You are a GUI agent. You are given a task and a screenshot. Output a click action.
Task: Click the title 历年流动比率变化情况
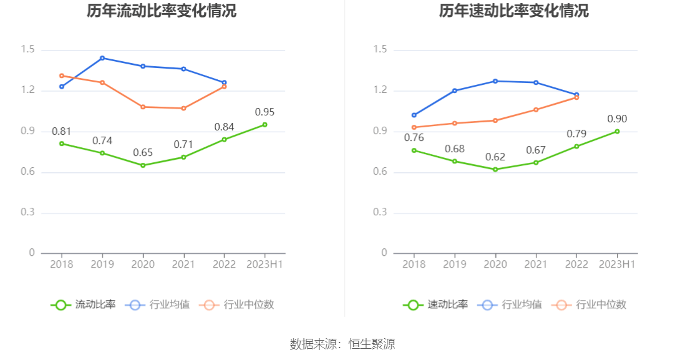click(161, 11)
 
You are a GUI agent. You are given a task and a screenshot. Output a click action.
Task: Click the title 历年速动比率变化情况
click(513, 11)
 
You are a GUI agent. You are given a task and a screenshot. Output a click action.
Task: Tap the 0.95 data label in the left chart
click(265, 112)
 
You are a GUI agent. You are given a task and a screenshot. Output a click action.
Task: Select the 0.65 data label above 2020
click(143, 153)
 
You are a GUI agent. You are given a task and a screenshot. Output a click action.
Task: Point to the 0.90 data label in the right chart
click(617, 119)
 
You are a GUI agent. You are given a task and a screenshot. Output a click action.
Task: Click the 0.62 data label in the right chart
click(495, 157)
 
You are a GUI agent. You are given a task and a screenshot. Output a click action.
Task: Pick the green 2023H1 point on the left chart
click(265, 125)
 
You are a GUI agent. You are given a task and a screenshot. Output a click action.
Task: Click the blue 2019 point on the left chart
click(102, 58)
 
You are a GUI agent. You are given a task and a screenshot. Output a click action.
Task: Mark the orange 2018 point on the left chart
click(62, 75)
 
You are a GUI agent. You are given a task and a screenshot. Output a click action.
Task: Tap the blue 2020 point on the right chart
click(495, 81)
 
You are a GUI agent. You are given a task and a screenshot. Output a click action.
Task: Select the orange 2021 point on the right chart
click(536, 110)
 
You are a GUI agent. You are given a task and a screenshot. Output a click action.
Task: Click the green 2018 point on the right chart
click(414, 150)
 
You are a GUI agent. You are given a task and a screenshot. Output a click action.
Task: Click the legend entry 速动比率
click(436, 305)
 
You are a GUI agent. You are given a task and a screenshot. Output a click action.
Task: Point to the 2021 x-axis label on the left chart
click(183, 265)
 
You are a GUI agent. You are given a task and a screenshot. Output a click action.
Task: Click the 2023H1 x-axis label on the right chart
click(617, 265)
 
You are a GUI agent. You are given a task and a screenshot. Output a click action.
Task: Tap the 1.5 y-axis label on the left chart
click(27, 50)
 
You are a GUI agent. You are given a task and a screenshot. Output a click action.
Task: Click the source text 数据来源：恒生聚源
click(342, 344)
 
